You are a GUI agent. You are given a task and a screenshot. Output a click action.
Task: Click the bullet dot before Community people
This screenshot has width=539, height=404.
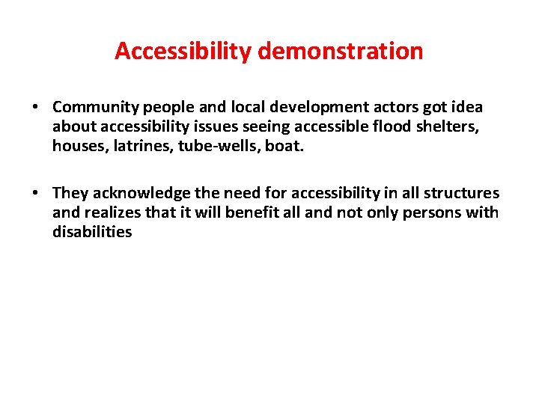coord(35,107)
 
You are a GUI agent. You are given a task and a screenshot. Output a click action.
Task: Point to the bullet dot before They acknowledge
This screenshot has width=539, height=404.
coord(35,194)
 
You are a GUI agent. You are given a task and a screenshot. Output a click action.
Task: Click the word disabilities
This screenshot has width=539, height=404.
coord(92,232)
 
